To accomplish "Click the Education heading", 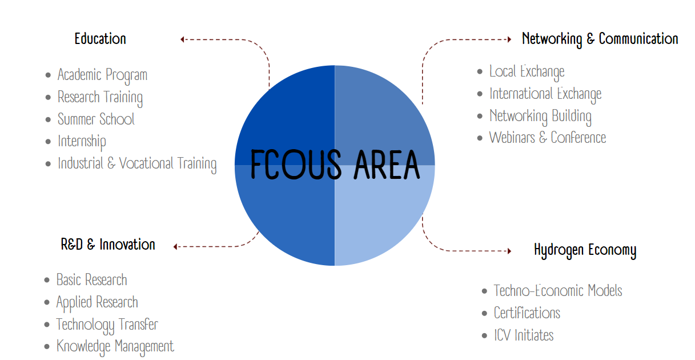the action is click(x=100, y=39).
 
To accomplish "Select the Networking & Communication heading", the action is click(x=600, y=39).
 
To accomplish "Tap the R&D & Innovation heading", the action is click(x=108, y=245).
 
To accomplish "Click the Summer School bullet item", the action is click(x=96, y=119).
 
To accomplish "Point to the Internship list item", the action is click(x=82, y=142).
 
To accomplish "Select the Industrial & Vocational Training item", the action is click(x=137, y=164).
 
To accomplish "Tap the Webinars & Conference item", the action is click(x=548, y=138).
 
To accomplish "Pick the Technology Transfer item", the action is click(x=107, y=325).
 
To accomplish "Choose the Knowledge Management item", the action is click(x=115, y=347).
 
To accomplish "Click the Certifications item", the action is click(x=527, y=313).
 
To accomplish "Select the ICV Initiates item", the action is click(x=524, y=335).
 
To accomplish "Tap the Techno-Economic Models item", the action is click(x=558, y=291).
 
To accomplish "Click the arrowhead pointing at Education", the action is click(x=182, y=39).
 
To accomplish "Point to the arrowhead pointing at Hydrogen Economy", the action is click(x=509, y=251).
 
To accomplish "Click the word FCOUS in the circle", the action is click(x=296, y=164).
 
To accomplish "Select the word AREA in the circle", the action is click(x=387, y=164).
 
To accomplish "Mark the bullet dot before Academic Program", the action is click(x=48, y=75).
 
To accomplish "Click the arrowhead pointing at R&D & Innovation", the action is click(x=175, y=247).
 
